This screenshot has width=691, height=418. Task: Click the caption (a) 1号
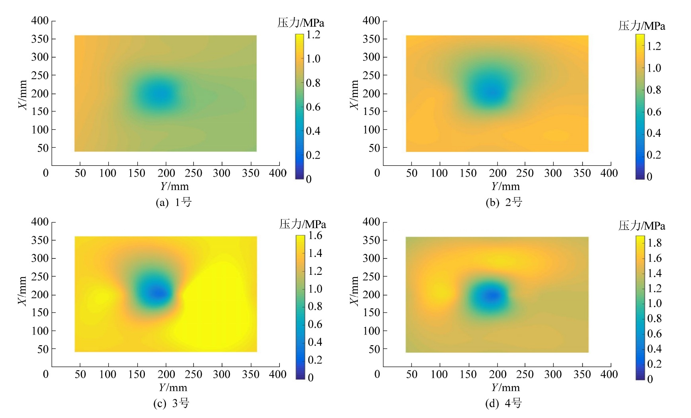point(174,202)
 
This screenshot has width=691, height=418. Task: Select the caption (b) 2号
point(504,202)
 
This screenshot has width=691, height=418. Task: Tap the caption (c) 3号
point(172,404)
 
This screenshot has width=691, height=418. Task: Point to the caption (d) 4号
point(504,404)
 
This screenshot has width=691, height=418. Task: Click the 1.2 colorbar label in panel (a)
point(313,35)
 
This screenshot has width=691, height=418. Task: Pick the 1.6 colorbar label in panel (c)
point(315,235)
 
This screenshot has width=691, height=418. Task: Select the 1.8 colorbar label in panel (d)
point(654,243)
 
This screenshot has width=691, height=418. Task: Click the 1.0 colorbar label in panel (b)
point(654,68)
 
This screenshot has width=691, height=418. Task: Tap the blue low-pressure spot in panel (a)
point(157,95)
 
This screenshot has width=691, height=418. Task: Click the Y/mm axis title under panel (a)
point(174,187)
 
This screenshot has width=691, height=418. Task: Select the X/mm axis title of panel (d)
point(354,291)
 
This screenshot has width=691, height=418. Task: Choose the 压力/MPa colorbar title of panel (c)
point(303,224)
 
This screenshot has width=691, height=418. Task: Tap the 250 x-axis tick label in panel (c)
point(193,375)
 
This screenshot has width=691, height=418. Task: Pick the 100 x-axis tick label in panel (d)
point(439,375)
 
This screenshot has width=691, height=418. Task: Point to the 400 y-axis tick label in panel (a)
point(40,21)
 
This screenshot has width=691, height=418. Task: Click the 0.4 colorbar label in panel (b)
point(654,133)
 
